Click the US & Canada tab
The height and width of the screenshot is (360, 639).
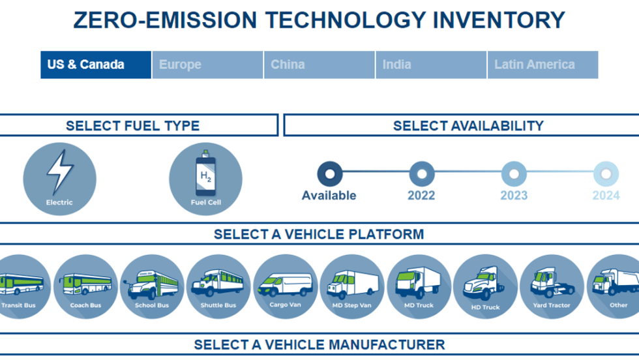point(95,65)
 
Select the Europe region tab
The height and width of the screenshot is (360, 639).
point(207,65)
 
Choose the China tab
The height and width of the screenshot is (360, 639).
point(319,65)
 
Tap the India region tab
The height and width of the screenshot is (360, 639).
point(430,65)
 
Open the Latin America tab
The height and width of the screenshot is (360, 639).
point(542,65)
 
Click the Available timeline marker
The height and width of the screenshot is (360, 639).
point(329,173)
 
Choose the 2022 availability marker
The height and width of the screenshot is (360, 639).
point(421,173)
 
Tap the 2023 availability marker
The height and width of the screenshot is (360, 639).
point(514,173)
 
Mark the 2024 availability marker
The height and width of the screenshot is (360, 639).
point(606,173)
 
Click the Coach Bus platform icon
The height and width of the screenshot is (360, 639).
point(85,286)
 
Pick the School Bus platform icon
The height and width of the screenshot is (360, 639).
point(152,286)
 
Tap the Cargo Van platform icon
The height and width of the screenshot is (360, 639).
point(285,286)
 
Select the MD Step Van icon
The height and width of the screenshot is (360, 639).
point(351,286)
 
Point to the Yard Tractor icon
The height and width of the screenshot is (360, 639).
point(552,286)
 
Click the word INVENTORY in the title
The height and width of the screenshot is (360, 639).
point(499,20)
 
